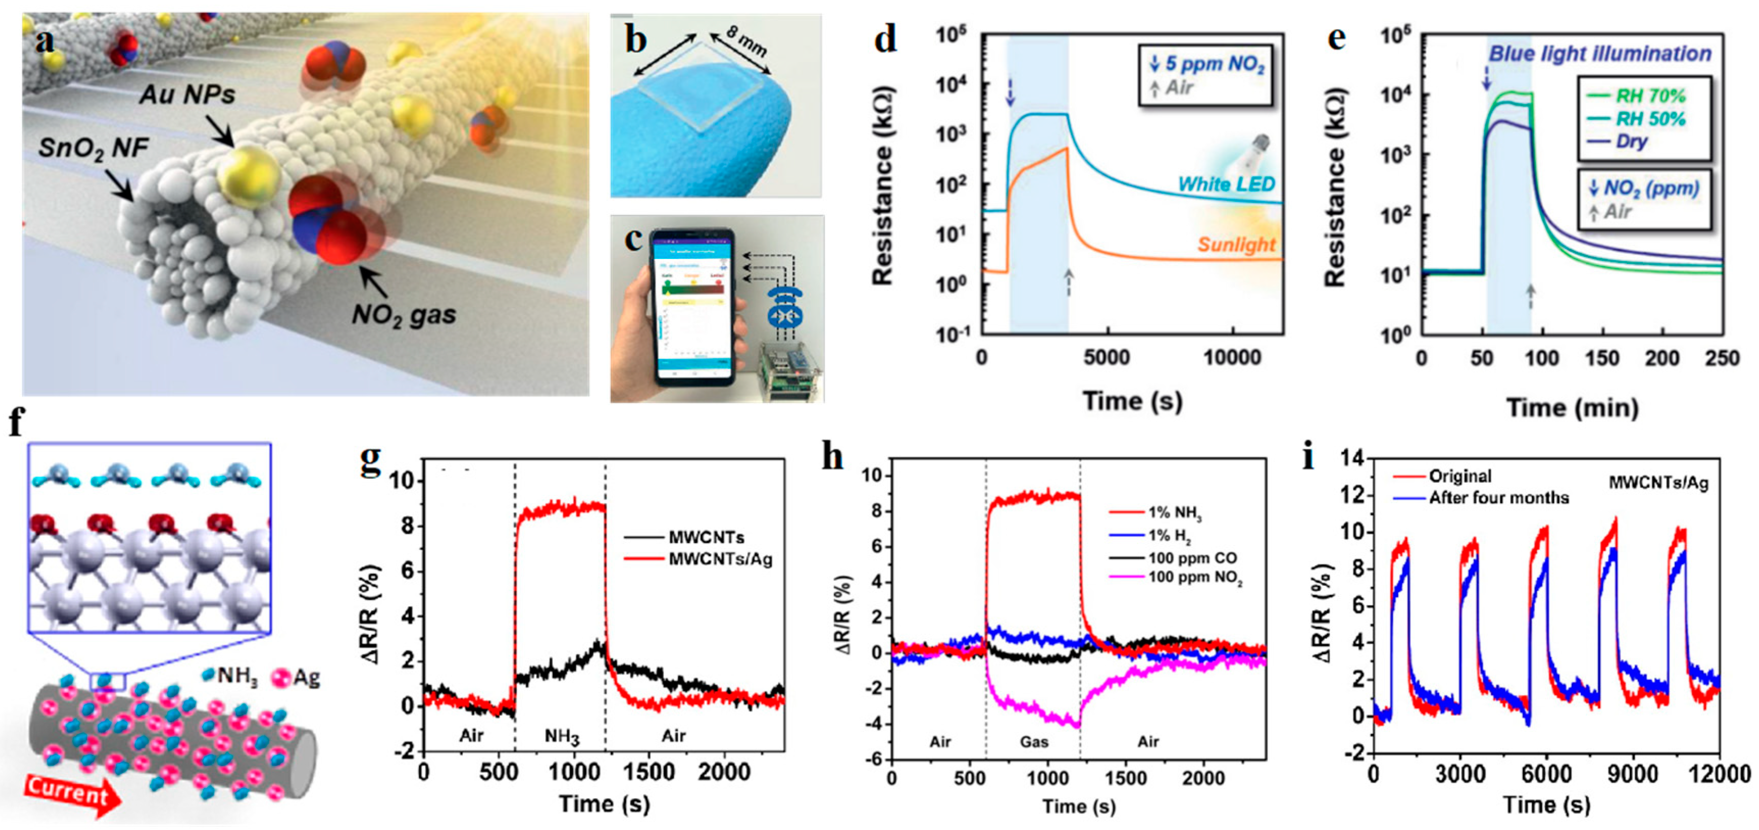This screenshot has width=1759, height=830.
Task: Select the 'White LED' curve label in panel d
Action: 1227,184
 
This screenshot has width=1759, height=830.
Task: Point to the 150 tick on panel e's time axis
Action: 1602,358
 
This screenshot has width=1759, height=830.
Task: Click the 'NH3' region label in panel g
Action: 562,736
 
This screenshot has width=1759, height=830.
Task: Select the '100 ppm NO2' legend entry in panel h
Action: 1195,578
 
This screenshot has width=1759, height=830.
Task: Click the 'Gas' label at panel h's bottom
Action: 1034,741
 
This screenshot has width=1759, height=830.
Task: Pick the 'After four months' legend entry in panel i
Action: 1499,498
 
